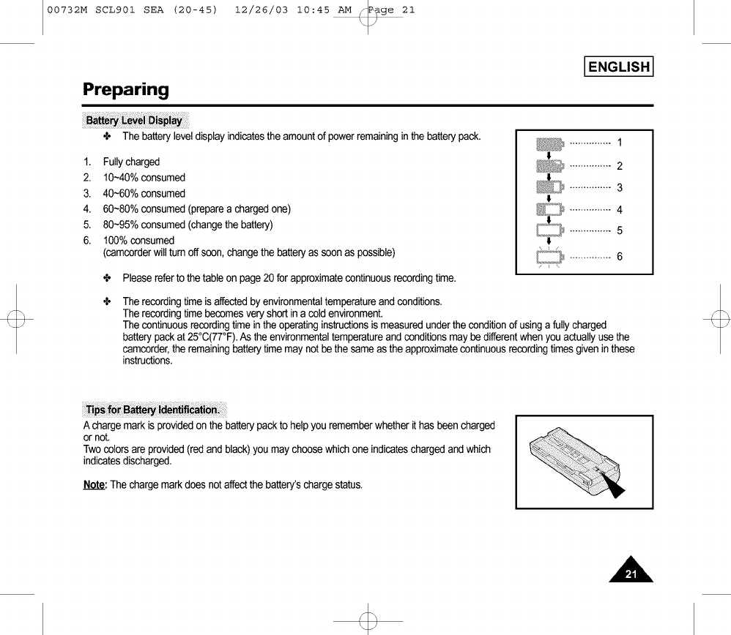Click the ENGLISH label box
(618, 67)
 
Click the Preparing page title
(125, 90)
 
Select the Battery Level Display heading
(134, 120)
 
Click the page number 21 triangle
(631, 571)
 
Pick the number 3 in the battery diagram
(620, 188)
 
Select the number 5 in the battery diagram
(620, 231)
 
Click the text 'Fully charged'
(131, 162)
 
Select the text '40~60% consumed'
(144, 194)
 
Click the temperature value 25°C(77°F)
(209, 337)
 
